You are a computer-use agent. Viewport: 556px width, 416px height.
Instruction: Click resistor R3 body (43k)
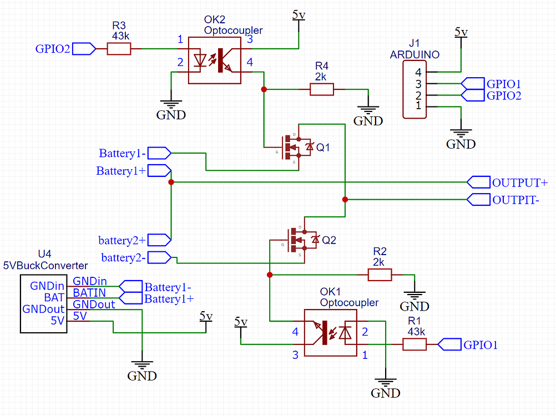(x=119, y=49)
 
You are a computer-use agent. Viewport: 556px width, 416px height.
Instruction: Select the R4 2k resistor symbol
(x=321, y=89)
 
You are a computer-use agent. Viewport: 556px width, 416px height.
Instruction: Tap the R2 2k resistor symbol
(x=380, y=275)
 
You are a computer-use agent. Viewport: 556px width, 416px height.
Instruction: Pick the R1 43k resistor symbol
(x=414, y=345)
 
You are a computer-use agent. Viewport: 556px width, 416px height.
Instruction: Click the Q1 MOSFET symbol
(x=294, y=146)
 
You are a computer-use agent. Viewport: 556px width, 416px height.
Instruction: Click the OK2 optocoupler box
(x=215, y=60)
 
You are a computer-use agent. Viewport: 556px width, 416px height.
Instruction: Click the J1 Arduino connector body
(x=414, y=89)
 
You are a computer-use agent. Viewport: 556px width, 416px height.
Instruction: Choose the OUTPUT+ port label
(x=520, y=182)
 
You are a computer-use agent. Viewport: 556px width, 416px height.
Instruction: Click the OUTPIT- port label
(x=515, y=200)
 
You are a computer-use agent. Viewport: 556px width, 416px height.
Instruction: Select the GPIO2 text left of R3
(x=53, y=49)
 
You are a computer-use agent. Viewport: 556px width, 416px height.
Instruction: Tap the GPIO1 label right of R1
(x=481, y=345)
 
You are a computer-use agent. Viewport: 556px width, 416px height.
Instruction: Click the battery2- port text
(x=123, y=257)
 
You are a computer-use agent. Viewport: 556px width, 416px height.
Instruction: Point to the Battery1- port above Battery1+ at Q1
(x=123, y=153)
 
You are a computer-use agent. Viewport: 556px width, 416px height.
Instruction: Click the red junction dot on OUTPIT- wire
(x=345, y=199)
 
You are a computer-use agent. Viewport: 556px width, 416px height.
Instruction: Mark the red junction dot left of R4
(x=264, y=89)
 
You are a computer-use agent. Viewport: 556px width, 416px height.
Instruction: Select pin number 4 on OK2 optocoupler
(x=250, y=63)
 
